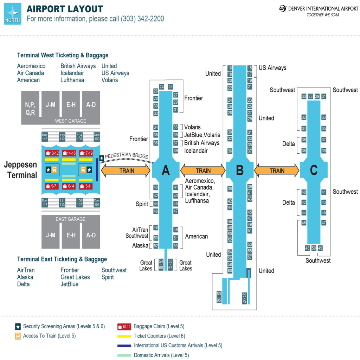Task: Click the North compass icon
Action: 12,14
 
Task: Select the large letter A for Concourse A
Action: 166,171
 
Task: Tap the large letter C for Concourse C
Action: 314,171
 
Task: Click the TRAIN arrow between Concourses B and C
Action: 277,171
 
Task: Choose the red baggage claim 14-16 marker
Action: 69,153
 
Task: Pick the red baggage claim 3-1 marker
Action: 86,186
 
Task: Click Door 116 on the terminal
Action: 45,137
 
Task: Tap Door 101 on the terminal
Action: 97,202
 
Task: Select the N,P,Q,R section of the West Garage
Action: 30,108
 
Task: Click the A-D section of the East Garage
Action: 91,235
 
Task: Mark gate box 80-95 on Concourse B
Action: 219,297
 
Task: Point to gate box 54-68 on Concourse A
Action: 161,264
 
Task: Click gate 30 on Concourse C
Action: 304,96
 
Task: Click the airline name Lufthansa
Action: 72,80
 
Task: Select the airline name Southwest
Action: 114,270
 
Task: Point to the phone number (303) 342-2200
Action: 142,19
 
